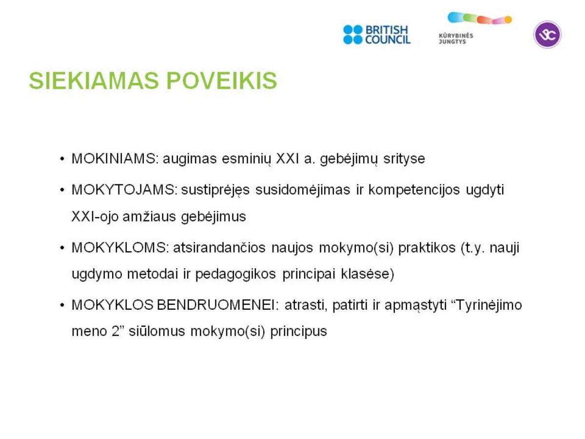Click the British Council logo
click(x=376, y=35)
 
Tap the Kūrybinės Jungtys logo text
click(x=456, y=39)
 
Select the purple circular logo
click(x=547, y=35)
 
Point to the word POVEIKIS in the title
click(x=222, y=80)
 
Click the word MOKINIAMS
click(x=114, y=159)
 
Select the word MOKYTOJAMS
click(x=123, y=190)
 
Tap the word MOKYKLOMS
click(x=119, y=248)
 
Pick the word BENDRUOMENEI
click(x=216, y=305)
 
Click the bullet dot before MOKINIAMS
click(x=62, y=159)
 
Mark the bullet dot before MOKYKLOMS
click(x=62, y=248)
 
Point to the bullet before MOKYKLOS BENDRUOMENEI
click(x=62, y=305)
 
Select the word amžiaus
click(x=149, y=217)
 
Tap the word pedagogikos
click(x=235, y=275)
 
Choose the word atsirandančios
click(x=219, y=248)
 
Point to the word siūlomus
click(x=156, y=331)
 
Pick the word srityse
click(x=404, y=160)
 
